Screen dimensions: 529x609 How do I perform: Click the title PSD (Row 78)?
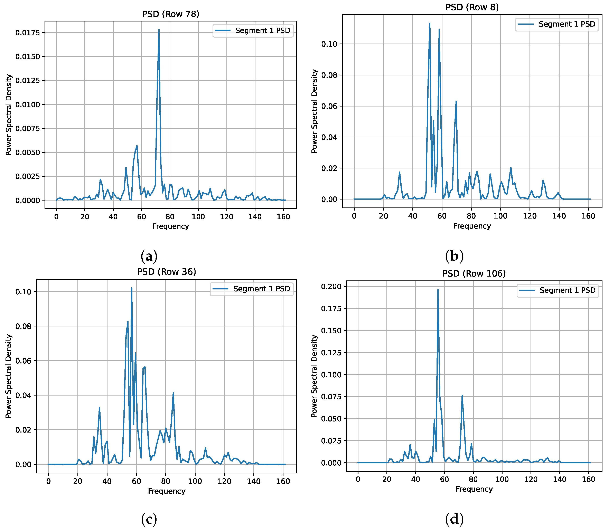coord(171,14)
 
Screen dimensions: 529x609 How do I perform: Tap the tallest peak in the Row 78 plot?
coord(159,30)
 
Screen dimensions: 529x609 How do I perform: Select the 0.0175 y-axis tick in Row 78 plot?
coord(27,33)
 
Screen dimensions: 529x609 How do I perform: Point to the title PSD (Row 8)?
coord(472,7)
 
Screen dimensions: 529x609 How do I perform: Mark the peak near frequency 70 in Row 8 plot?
coord(456,102)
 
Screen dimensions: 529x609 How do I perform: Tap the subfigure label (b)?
coord(454,256)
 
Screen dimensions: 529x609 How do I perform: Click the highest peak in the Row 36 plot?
coord(132,288)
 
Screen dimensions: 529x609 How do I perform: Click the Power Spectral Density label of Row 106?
coord(314,376)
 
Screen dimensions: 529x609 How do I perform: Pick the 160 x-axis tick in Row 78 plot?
coord(283,217)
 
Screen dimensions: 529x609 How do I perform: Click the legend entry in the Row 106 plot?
coord(557,290)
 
